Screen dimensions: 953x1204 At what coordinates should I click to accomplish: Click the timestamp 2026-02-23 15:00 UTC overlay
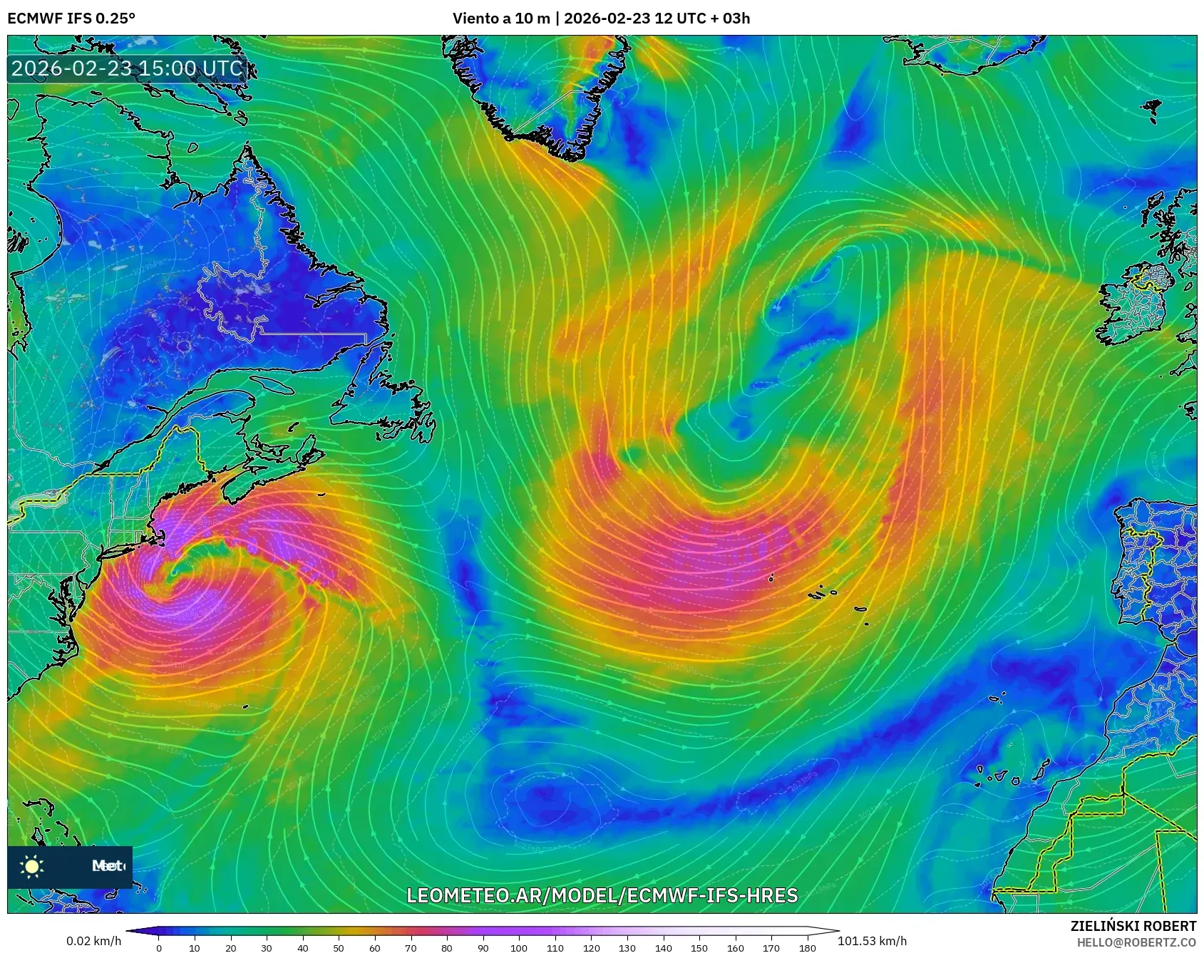pyautogui.click(x=127, y=68)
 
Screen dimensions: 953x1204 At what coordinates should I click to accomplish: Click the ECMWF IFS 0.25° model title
pyautogui.click(x=71, y=18)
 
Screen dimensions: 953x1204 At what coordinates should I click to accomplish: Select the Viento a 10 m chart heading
pyautogui.click(x=601, y=18)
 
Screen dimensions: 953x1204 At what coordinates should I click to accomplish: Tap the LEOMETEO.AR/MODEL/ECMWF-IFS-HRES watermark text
pyautogui.click(x=602, y=895)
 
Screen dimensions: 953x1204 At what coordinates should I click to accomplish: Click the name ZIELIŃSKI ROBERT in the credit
pyautogui.click(x=1133, y=926)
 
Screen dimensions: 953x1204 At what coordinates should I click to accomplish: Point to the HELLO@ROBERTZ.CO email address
pyautogui.click(x=1136, y=942)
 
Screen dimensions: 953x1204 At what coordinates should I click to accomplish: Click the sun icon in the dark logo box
pyautogui.click(x=32, y=867)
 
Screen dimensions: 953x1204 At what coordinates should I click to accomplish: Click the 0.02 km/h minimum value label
pyautogui.click(x=93, y=941)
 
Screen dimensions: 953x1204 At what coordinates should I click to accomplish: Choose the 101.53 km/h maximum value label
pyautogui.click(x=872, y=941)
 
